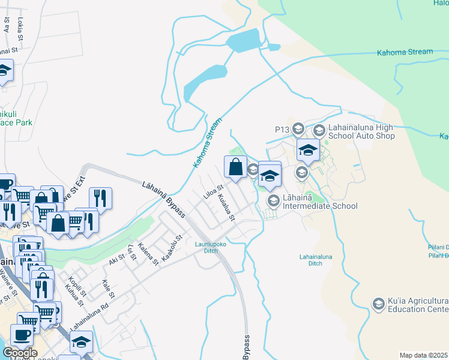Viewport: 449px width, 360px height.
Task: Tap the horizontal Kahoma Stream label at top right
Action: click(x=405, y=52)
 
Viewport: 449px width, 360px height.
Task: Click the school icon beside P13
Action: click(x=301, y=129)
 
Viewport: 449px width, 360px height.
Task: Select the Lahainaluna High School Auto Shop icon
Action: click(x=319, y=129)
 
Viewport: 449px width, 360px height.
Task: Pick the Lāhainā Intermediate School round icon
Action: click(x=273, y=200)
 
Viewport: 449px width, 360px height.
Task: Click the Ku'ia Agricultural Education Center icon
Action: click(x=378, y=304)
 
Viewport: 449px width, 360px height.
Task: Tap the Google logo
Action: click(x=19, y=352)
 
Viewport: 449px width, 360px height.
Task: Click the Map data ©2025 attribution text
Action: click(x=424, y=355)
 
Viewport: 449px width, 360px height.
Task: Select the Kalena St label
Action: click(x=148, y=254)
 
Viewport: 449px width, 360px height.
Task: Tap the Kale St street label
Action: click(x=108, y=289)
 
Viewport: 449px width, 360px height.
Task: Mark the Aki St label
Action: click(x=116, y=259)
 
